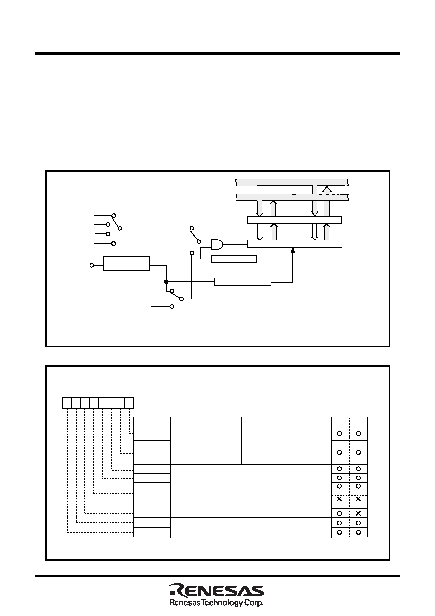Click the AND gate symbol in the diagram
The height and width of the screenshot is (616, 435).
(x=217, y=244)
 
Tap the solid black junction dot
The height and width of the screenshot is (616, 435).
(x=166, y=282)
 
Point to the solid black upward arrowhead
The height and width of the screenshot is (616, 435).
(x=293, y=250)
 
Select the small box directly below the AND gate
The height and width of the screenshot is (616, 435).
(x=234, y=259)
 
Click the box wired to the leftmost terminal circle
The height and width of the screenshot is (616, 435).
(x=126, y=263)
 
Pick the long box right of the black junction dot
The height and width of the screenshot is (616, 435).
(x=242, y=282)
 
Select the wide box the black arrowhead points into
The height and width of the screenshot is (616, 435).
(x=295, y=244)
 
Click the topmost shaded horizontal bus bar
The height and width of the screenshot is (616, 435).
(x=292, y=182)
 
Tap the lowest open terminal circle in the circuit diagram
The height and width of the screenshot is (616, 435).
(x=172, y=307)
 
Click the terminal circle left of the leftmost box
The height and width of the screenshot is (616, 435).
(x=92, y=265)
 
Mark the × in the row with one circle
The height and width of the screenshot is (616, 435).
(x=358, y=514)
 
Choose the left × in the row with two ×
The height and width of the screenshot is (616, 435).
(x=339, y=499)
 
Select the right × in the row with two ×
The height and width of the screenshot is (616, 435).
(x=358, y=499)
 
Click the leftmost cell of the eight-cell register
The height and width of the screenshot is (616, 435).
(x=67, y=403)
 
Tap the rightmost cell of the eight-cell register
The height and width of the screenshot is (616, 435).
(x=129, y=403)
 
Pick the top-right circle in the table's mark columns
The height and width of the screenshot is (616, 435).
(x=358, y=434)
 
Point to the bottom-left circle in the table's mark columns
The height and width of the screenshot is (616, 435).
(x=339, y=532)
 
